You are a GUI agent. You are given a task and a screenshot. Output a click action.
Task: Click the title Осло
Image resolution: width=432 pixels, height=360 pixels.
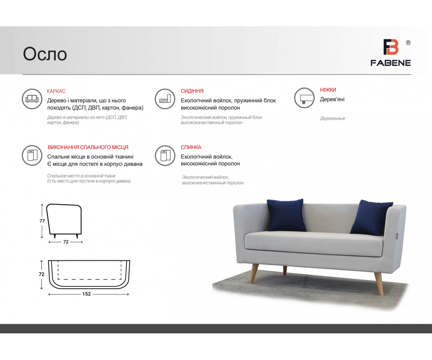click(45, 54)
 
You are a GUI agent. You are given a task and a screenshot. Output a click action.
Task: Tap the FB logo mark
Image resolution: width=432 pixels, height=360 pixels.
click(391, 47)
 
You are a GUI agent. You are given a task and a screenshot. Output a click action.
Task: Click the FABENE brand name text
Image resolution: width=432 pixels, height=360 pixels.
click(391, 63)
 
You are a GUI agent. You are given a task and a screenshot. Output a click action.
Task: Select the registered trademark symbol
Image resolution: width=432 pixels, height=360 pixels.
click(408, 43)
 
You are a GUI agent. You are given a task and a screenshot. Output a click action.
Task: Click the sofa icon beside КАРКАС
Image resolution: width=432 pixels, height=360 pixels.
click(32, 99)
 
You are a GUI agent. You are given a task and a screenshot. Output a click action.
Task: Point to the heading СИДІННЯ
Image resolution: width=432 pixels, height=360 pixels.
click(192, 91)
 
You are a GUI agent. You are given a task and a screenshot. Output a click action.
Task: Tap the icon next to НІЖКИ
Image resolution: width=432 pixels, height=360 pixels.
click(304, 98)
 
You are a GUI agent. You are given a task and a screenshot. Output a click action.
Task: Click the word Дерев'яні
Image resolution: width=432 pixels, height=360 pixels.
click(332, 99)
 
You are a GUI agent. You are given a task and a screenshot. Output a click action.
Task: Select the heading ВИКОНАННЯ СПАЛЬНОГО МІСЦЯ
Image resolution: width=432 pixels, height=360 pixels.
click(88, 147)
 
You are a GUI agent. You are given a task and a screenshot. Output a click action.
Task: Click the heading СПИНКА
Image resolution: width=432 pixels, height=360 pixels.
click(191, 147)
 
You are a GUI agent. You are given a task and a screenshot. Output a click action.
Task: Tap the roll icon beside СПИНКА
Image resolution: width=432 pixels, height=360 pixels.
click(165, 156)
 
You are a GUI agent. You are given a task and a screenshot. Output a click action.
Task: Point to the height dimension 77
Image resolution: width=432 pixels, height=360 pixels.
click(42, 221)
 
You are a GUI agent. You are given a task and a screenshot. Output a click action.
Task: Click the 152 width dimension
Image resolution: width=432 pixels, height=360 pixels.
click(86, 294)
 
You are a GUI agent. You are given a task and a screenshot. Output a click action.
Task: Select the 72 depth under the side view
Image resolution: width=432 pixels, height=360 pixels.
click(66, 242)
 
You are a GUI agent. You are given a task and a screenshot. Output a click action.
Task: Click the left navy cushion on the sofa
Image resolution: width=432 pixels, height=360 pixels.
click(286, 215)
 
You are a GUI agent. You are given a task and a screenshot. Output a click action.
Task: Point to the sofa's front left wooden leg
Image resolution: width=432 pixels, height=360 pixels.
click(254, 274)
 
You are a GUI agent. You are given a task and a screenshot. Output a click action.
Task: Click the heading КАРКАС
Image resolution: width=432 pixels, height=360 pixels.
click(56, 91)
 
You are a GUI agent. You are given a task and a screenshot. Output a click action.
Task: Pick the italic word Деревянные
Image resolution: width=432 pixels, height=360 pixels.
click(333, 118)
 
